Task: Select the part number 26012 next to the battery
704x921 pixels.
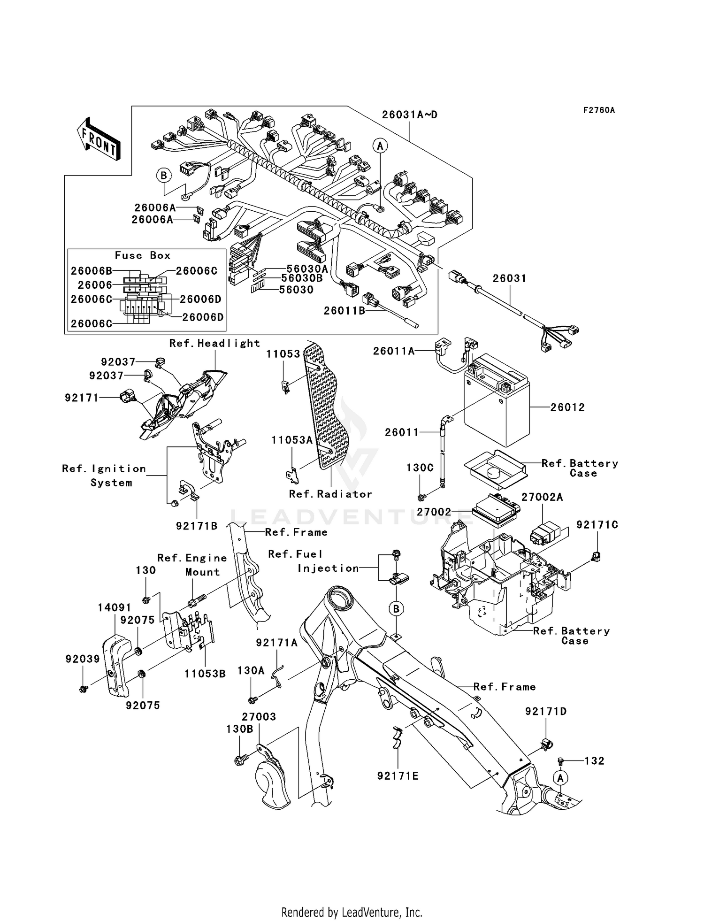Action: point(567,407)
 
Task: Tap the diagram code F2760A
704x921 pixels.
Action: point(599,110)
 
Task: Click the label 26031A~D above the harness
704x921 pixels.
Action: point(409,115)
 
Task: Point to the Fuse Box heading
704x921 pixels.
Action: point(143,256)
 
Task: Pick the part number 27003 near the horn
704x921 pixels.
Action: point(259,717)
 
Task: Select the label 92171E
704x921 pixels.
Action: point(398,776)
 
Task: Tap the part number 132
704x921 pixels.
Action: point(594,760)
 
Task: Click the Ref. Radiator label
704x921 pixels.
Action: point(330,494)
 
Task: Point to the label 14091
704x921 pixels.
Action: point(115,608)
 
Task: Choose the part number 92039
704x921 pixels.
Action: point(83,659)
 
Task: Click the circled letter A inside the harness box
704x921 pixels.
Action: point(380,146)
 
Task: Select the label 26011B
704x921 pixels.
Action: point(344,311)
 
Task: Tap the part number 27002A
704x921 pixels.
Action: point(542,497)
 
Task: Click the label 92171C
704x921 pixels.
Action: point(597,525)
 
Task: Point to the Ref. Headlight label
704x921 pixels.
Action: point(214,343)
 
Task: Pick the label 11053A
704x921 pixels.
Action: point(292,440)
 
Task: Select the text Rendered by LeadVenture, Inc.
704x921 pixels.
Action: point(352,912)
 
